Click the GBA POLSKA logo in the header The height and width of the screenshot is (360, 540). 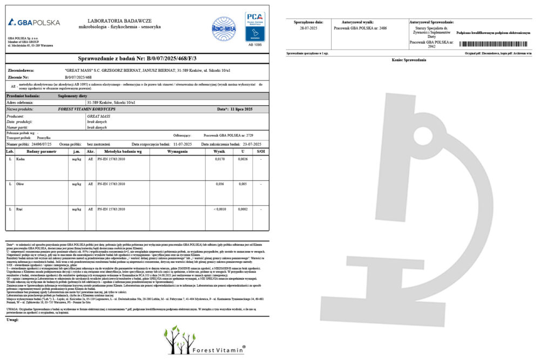34,22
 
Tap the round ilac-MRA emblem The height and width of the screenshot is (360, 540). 224,29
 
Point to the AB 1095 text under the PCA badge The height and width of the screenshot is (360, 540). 255,45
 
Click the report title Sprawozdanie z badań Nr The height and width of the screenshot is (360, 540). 137,59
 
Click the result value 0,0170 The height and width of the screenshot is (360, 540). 219,159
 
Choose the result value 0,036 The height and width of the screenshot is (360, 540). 220,184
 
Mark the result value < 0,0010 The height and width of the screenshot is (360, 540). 219,208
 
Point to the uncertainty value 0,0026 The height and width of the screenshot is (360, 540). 244,159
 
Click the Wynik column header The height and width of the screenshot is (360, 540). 219,152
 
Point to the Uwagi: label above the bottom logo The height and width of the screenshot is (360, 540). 13,320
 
